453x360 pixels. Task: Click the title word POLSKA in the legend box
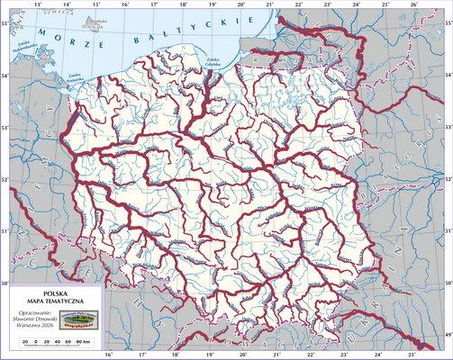pyautogui.click(x=55, y=293)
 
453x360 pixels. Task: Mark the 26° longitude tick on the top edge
pyautogui.click(x=413, y=4)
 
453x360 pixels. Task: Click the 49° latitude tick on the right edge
pyautogui.click(x=448, y=336)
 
